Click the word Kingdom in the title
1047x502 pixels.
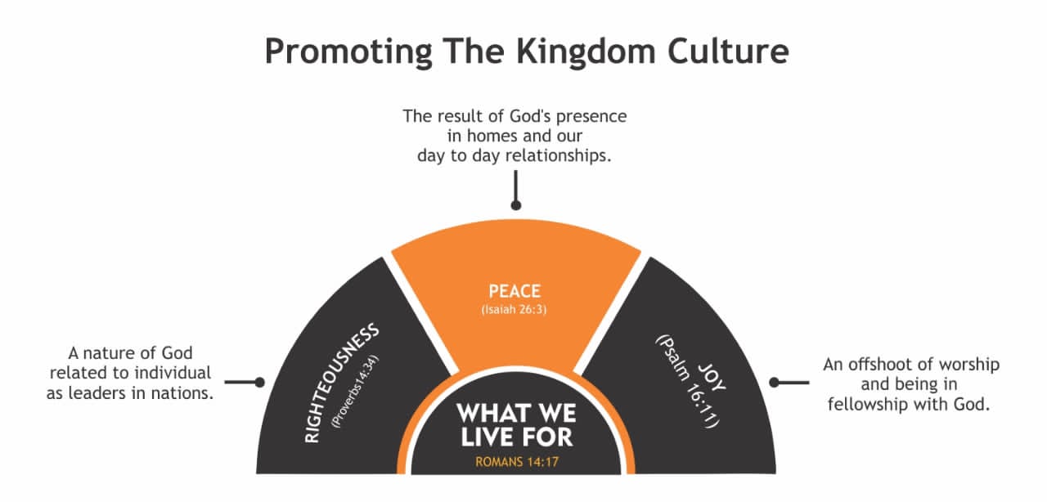pos(586,52)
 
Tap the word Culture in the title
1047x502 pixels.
pos(728,51)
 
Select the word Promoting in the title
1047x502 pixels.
pos(348,52)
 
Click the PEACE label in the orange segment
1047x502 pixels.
pos(515,291)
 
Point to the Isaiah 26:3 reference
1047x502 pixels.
pos(515,309)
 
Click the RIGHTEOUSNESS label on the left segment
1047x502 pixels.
pos(342,383)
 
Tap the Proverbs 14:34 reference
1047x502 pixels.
pos(355,392)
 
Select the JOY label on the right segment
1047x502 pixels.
pos(712,377)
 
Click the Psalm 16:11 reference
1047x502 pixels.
pos(686,381)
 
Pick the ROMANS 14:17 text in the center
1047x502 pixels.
pos(517,462)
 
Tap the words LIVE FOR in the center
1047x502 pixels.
pos(516,437)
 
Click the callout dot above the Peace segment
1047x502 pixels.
pos(516,205)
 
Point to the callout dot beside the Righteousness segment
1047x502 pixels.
pos(259,383)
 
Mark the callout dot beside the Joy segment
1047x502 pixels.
pos(774,383)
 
